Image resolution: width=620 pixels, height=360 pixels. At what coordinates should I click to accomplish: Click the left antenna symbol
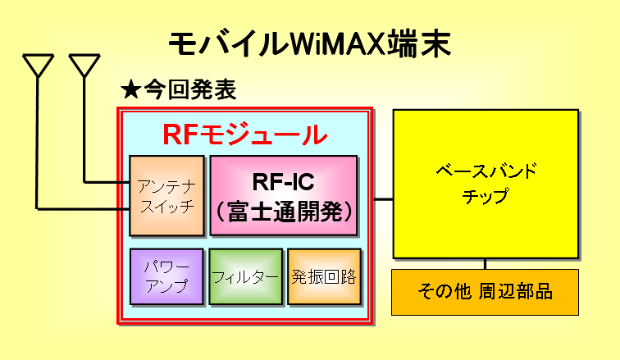point(38,66)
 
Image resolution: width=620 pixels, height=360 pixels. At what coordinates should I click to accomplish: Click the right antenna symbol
point(84,66)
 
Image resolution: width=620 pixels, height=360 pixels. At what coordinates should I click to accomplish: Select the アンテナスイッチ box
point(166,195)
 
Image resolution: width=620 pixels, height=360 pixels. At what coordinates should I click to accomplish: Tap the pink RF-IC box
point(284,195)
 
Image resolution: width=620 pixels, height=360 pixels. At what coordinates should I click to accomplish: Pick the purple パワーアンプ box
point(166,276)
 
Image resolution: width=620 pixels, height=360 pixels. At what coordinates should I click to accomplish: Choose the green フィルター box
point(245,276)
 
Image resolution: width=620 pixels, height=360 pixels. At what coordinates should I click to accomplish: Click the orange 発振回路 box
point(324,276)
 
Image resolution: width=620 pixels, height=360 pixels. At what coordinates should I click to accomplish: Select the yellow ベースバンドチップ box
point(486,184)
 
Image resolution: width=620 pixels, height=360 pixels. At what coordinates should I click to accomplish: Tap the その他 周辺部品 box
point(485,292)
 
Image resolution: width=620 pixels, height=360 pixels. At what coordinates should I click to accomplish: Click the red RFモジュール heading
point(244,134)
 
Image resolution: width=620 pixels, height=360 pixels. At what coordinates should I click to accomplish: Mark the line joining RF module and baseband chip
point(384,198)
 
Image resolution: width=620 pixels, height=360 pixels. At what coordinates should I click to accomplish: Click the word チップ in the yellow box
point(486,196)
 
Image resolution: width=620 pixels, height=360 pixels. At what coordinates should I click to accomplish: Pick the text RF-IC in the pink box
point(284,181)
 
